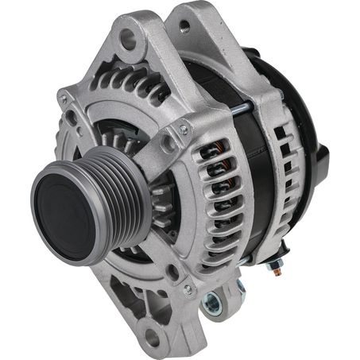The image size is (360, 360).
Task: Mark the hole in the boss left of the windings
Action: tap(168, 142)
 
